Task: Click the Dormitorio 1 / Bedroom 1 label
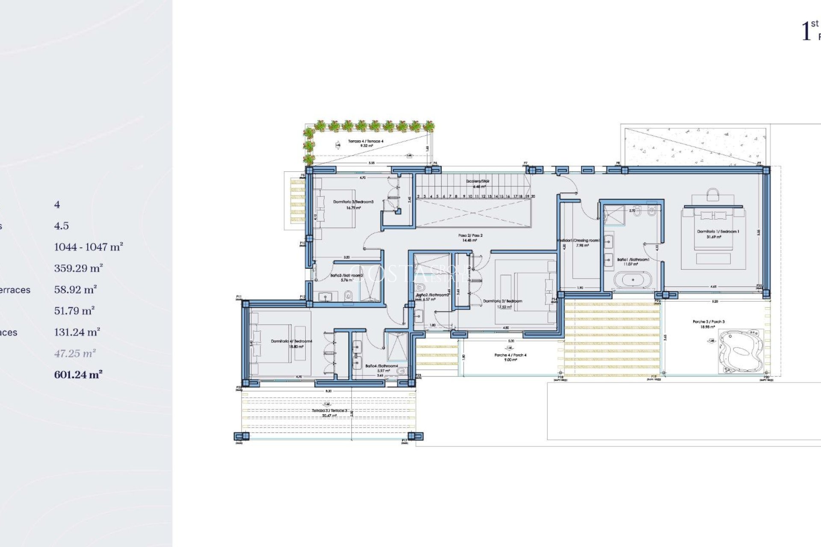click(x=718, y=232)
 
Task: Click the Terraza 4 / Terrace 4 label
click(x=366, y=141)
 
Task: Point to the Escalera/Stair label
click(x=478, y=181)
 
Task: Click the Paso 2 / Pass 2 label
click(x=470, y=235)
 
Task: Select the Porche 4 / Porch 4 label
click(x=510, y=355)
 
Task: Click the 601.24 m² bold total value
click(x=78, y=375)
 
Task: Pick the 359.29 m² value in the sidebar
click(x=78, y=268)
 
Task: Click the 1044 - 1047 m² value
click(x=88, y=247)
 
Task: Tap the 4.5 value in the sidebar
click(x=61, y=226)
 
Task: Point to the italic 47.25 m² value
click(x=75, y=353)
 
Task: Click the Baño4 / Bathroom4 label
click(x=381, y=366)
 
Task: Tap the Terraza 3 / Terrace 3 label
click(x=329, y=411)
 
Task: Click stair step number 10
click(x=470, y=197)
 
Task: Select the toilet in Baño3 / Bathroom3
click(x=348, y=294)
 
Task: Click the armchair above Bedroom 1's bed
click(x=713, y=195)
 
